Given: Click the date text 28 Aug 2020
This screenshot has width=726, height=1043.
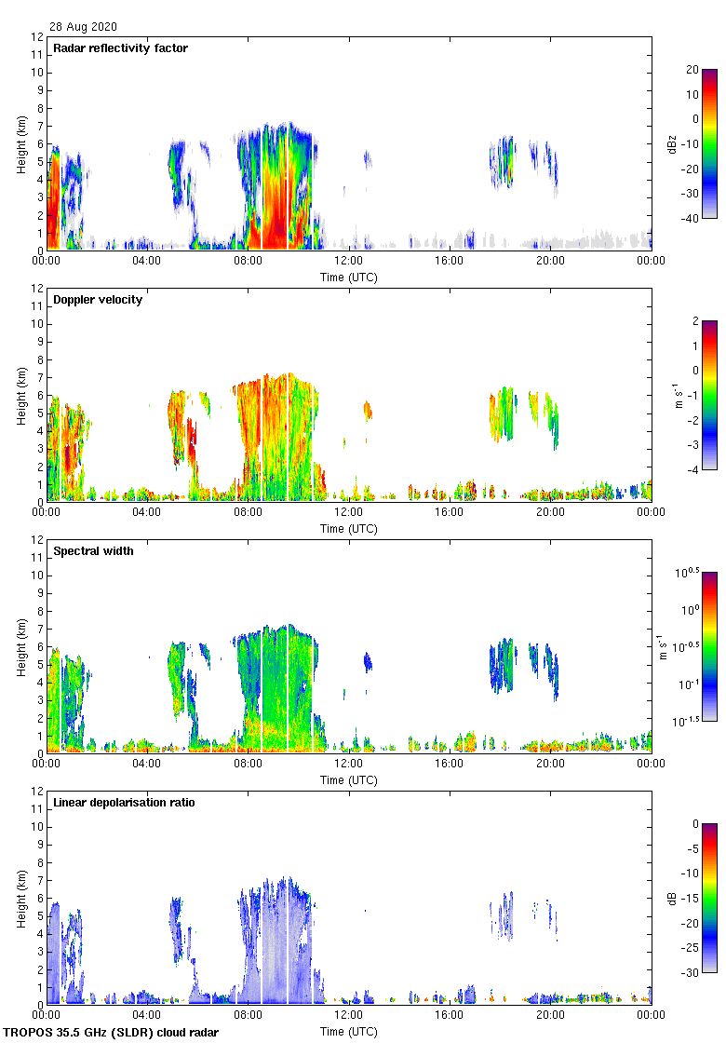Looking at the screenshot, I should [84, 27].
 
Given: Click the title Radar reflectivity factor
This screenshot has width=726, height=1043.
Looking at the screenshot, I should [121, 48].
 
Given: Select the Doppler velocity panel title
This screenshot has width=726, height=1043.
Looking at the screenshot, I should [98, 300].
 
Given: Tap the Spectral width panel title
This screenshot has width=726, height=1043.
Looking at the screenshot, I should [93, 551].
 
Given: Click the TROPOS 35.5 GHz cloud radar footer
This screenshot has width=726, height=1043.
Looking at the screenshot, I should [112, 1033].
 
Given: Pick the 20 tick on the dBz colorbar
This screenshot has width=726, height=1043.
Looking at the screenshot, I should [692, 70].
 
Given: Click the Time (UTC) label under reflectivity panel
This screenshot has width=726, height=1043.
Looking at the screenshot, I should [348, 277].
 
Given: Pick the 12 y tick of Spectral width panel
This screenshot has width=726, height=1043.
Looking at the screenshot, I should [36, 539].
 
